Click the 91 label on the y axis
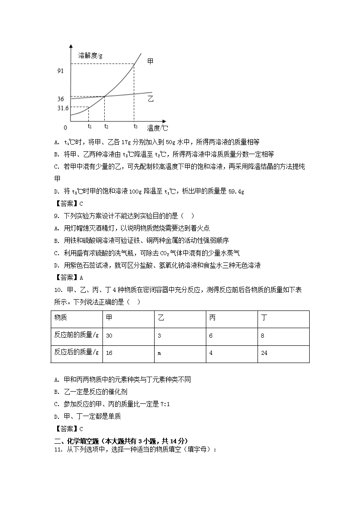(60, 71)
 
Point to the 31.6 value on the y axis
(63, 108)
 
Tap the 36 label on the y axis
(61, 99)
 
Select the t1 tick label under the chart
(90, 126)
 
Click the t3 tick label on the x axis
(135, 126)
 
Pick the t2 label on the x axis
(106, 126)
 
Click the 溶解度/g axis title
(90, 55)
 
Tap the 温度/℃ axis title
(157, 128)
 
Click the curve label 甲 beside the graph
(151, 61)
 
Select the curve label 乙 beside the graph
(151, 98)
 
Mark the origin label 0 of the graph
(65, 128)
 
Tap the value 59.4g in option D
(236, 191)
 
